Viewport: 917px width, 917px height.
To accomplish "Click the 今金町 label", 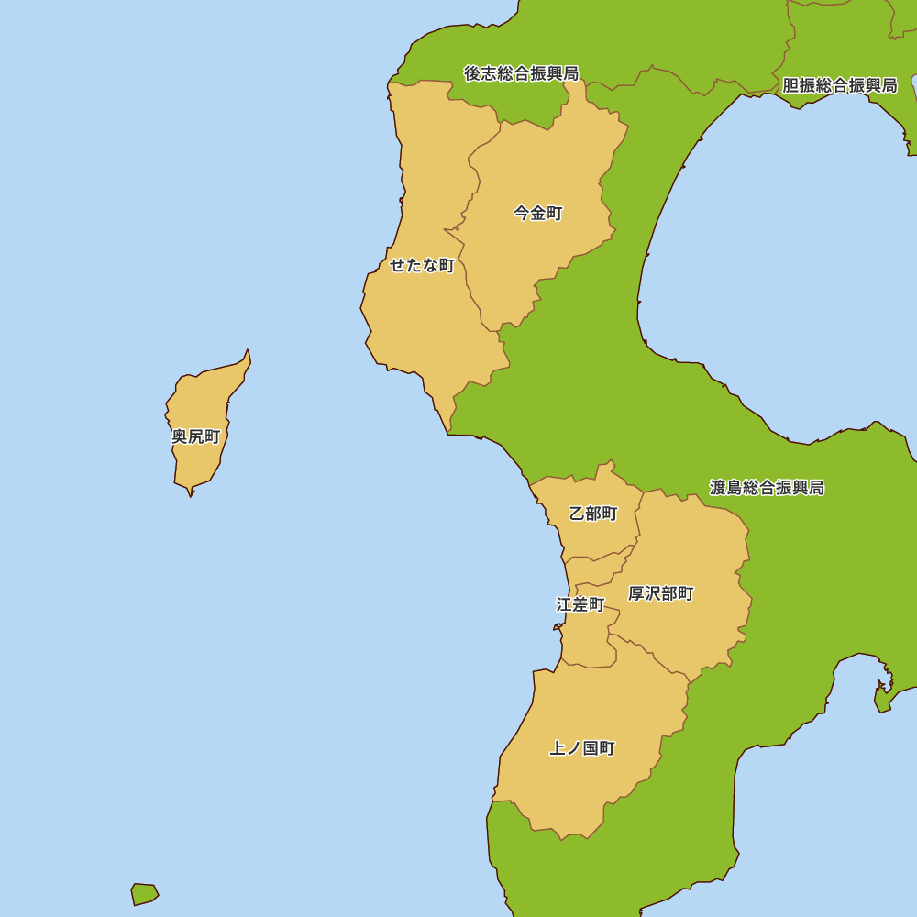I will point(537,214).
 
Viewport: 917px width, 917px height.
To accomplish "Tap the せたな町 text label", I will point(422,266).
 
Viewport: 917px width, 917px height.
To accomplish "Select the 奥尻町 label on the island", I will point(196,436).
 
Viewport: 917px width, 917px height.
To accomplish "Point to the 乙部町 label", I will point(593,514).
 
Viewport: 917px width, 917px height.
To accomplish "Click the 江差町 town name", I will point(580,605).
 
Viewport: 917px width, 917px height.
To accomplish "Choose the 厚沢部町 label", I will point(661,594).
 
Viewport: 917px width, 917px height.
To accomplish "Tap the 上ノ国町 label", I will point(582,748).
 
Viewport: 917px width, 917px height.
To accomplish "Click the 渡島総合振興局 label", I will point(767,488).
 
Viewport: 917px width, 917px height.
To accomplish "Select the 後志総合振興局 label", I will point(521,73).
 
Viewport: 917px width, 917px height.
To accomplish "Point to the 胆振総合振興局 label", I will point(839,85).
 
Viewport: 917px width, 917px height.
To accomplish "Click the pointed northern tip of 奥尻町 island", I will point(248,353).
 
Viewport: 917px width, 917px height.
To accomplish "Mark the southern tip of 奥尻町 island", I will point(191,492).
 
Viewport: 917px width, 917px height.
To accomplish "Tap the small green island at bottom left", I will point(144,893).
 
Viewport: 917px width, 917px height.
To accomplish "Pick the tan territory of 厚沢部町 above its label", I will point(688,541).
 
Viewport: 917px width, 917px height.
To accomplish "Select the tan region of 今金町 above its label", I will point(541,156).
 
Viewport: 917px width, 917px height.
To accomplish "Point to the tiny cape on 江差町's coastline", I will point(557,627).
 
